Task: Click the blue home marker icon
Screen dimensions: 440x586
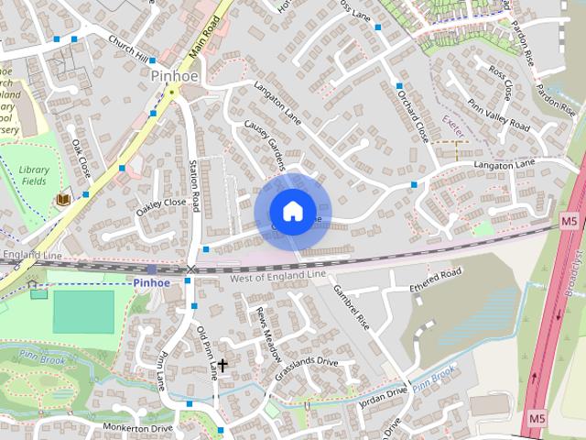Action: [292, 212]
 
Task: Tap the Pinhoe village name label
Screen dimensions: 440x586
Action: [170, 77]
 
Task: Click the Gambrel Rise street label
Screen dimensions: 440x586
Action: [351, 310]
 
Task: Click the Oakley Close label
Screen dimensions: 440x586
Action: [161, 208]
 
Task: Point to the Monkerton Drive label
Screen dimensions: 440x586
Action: [137, 428]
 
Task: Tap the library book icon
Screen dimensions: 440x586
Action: [63, 199]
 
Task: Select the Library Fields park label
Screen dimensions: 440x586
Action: [34, 176]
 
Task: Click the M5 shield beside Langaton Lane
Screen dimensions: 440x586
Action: [569, 220]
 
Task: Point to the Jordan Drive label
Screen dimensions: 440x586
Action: [384, 393]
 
